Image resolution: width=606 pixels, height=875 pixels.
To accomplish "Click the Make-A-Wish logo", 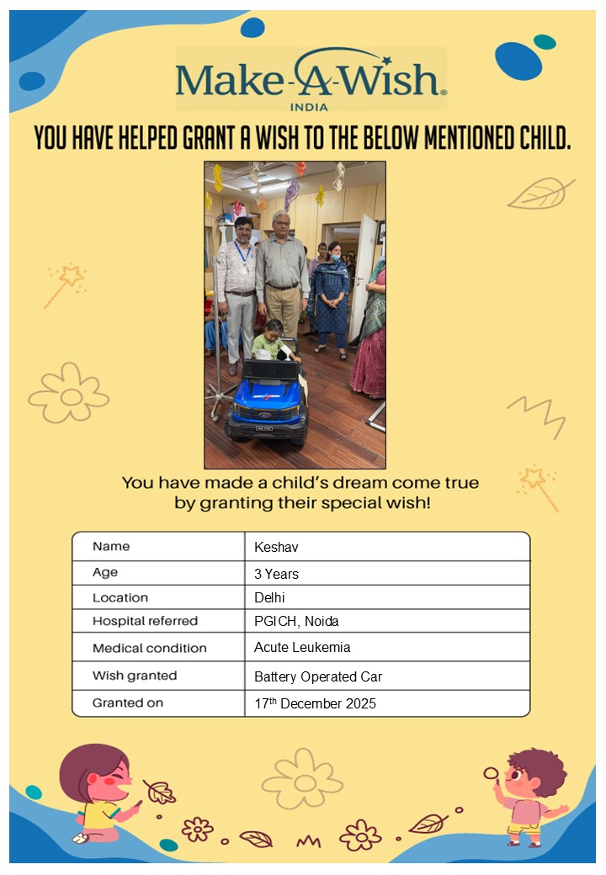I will (311, 77).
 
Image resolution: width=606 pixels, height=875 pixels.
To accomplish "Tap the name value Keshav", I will (276, 548).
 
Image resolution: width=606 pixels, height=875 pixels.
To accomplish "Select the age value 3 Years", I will (276, 574).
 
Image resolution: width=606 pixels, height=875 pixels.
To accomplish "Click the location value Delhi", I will (270, 598).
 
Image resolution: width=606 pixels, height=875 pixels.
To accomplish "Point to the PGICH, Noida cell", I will (296, 622).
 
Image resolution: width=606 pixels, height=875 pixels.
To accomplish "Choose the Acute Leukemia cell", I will (302, 648).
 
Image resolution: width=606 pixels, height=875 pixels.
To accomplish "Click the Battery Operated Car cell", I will (318, 676).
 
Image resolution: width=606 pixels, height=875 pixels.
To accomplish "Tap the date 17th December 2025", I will (315, 703).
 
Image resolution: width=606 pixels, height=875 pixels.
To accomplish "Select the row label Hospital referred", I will (145, 622).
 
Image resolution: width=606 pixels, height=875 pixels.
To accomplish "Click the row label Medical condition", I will (149, 648).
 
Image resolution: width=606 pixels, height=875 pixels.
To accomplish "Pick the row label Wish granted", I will (135, 676).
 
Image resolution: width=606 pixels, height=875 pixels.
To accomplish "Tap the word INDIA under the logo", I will (309, 107).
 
